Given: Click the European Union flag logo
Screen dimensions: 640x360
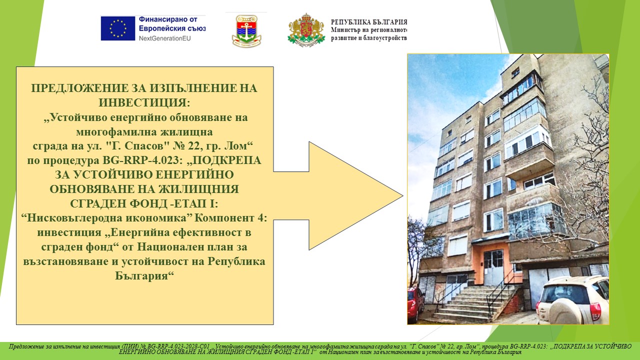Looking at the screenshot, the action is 117,28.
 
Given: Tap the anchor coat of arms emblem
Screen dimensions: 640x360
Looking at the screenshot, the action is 246,31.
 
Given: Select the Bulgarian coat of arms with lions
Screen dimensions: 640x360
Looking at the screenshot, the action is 306,30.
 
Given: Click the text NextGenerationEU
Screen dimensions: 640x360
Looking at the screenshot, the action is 164,38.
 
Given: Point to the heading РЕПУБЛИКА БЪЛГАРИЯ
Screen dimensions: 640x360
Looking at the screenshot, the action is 369,22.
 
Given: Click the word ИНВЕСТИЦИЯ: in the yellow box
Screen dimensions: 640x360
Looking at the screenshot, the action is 144,102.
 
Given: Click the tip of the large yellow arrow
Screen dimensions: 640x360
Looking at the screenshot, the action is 403,196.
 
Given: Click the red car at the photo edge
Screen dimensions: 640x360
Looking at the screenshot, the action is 415,304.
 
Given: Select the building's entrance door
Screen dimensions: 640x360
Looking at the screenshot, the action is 493,267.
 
